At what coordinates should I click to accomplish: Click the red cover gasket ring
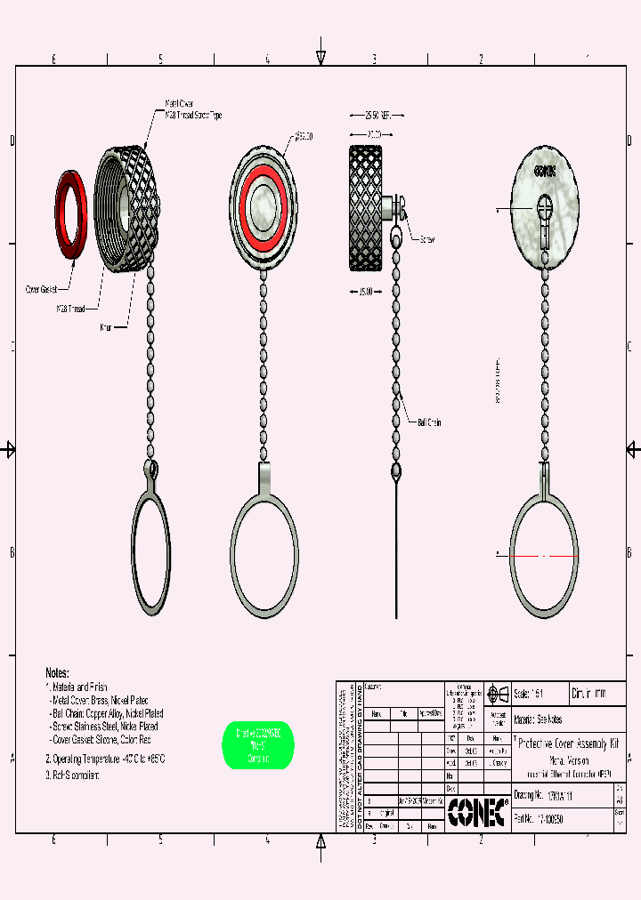(72, 218)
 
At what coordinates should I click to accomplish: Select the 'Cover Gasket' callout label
(41, 290)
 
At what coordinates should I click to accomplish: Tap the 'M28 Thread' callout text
(71, 308)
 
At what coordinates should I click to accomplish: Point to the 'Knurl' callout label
(109, 326)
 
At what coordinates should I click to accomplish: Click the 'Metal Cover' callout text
(181, 104)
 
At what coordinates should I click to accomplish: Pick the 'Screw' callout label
(426, 240)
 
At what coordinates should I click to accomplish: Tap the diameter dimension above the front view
(304, 135)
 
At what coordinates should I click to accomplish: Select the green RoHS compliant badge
(257, 745)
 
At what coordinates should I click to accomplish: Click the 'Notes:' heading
(57, 673)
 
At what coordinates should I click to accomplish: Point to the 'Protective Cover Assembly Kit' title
(568, 743)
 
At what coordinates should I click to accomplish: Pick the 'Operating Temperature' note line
(105, 759)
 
